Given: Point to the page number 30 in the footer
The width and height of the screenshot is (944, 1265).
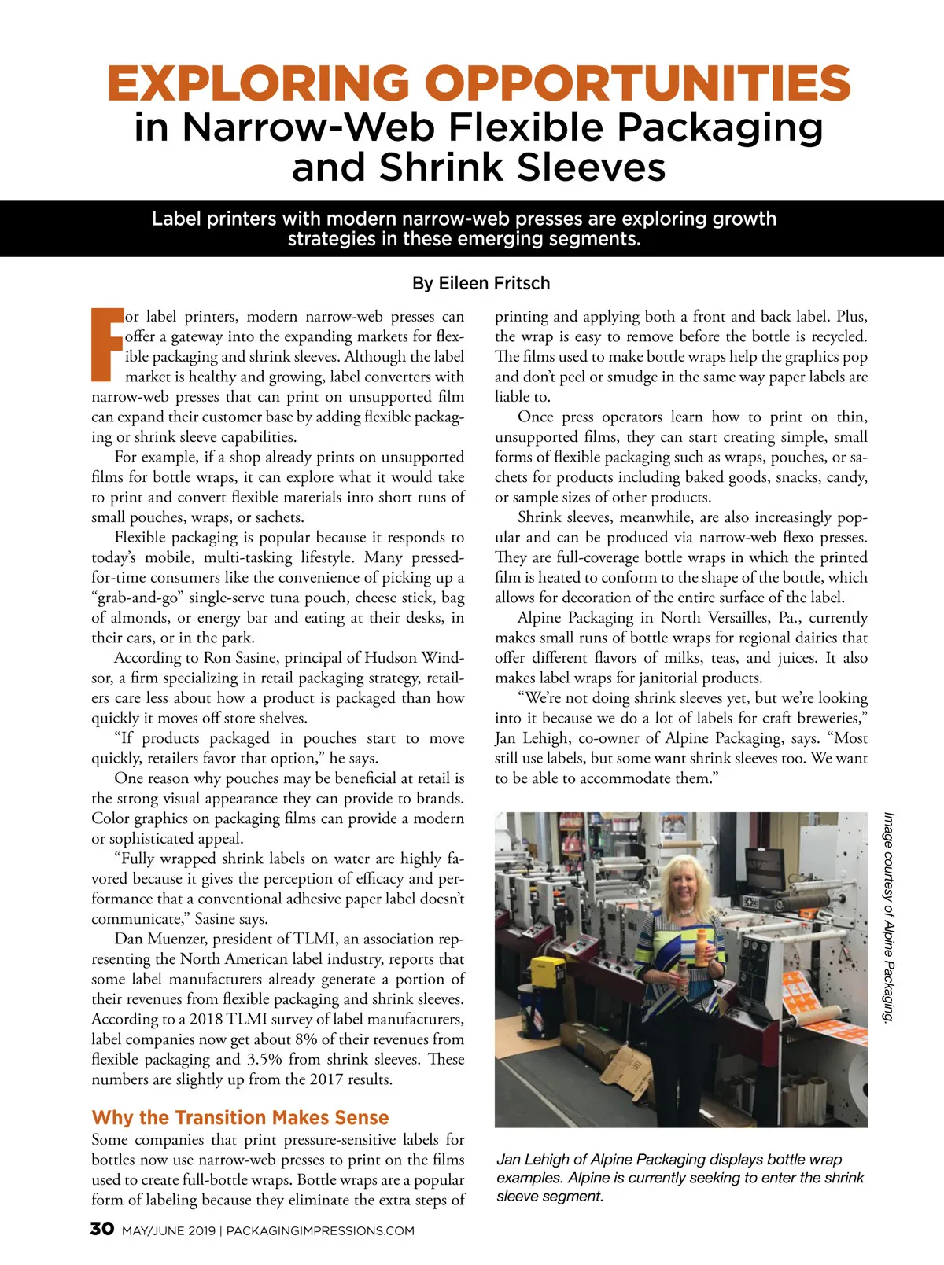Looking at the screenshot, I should pyautogui.click(x=102, y=1229).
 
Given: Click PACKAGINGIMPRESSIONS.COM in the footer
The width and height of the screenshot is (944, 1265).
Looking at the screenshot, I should pyautogui.click(x=320, y=1230).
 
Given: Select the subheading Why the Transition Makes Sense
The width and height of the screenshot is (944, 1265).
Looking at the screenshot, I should pyautogui.click(x=240, y=1117).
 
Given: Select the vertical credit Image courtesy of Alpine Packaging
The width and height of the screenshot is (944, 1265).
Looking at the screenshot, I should pyautogui.click(x=889, y=917).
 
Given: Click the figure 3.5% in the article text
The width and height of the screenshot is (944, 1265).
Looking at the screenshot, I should pyautogui.click(x=264, y=1059).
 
